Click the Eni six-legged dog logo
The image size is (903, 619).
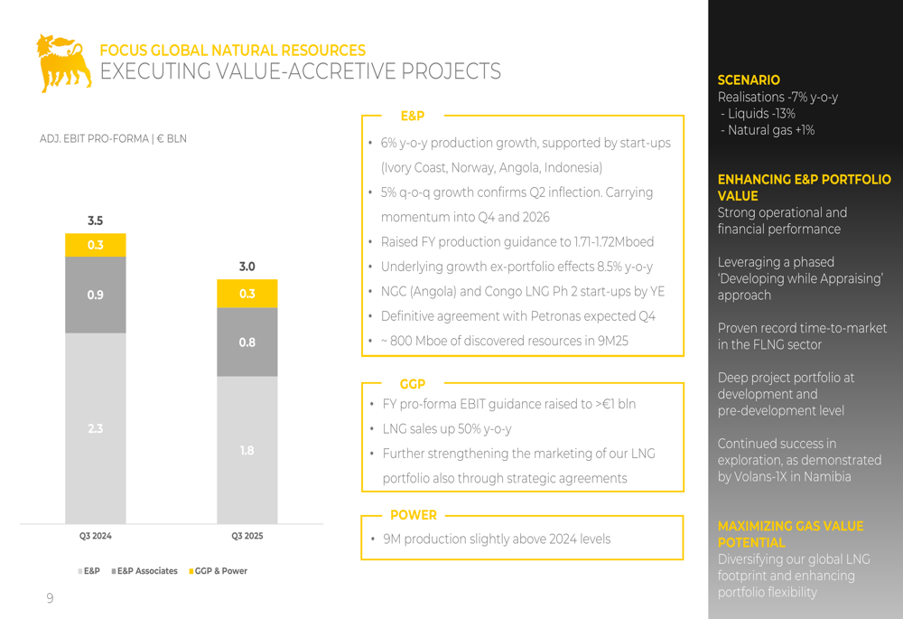coord(63,62)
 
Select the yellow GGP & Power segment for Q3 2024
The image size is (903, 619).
coord(95,245)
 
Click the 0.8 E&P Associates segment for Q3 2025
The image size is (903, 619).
coord(247,342)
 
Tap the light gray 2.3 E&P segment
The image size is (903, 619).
coord(95,428)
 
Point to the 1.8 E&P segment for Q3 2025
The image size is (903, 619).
coord(247,450)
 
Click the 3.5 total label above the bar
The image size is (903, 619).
coord(95,220)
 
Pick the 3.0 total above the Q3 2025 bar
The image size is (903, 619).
coord(247,267)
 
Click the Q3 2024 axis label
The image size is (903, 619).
coord(95,536)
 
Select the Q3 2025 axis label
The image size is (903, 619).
coord(247,536)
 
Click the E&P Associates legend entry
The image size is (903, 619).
coord(146,571)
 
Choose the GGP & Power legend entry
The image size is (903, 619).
coord(219,571)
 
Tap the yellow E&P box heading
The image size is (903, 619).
coord(412,116)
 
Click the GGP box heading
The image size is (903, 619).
coord(412,384)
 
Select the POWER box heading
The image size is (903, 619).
coord(413,515)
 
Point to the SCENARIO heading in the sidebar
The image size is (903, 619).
coord(749,80)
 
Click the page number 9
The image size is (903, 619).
coord(50,598)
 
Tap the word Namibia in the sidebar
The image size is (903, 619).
coord(825,476)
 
